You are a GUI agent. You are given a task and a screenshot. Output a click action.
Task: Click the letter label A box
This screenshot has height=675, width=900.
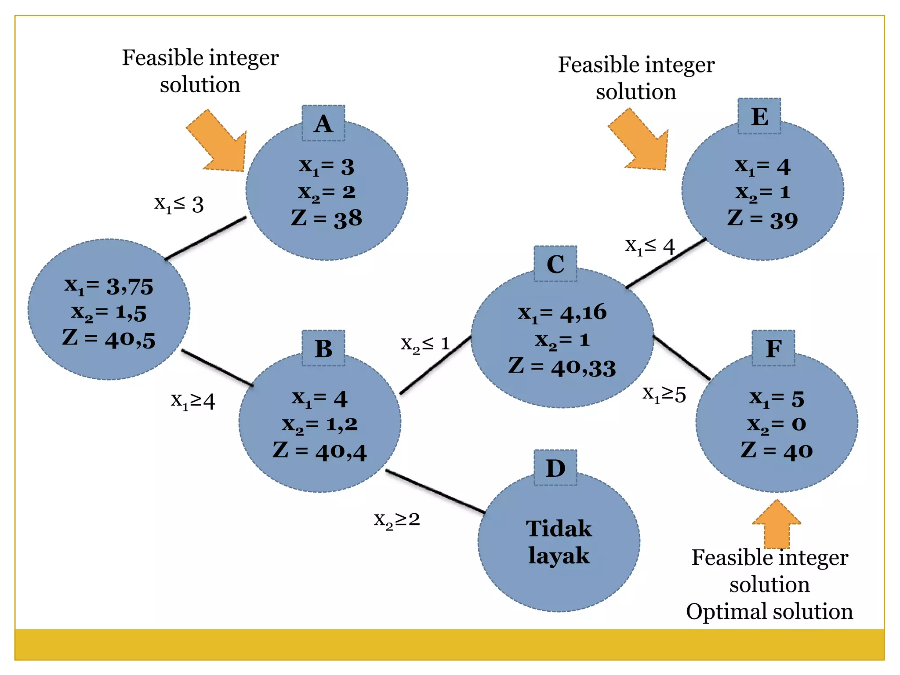click(323, 123)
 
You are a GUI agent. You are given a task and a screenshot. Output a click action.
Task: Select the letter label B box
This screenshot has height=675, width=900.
click(323, 348)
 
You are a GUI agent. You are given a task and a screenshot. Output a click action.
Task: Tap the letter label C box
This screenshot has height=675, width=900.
click(555, 264)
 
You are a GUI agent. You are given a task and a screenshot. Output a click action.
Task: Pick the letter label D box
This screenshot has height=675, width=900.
click(555, 468)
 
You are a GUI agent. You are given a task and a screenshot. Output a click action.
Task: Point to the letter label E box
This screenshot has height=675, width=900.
click(759, 116)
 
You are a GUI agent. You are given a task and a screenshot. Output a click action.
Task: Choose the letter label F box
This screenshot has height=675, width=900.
click(773, 348)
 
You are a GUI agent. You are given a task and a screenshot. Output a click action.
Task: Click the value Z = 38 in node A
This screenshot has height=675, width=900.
click(327, 218)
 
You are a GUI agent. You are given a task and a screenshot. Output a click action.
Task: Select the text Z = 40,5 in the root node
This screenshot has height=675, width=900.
click(109, 339)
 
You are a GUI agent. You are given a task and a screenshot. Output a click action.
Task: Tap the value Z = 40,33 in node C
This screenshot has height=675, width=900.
click(562, 367)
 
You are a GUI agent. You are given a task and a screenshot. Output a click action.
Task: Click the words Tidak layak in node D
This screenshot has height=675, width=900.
click(559, 542)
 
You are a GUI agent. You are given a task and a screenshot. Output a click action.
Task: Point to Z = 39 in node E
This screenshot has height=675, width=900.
click(762, 219)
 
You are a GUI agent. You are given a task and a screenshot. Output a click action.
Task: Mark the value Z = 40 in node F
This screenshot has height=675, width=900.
click(777, 450)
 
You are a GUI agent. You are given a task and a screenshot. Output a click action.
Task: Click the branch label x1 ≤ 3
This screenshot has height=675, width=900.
click(179, 204)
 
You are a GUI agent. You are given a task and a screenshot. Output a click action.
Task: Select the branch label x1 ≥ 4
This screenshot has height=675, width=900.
click(193, 401)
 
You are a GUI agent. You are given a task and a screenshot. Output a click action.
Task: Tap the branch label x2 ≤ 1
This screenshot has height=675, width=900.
click(425, 344)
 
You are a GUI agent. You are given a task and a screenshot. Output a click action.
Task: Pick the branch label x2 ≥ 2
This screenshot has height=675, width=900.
click(397, 520)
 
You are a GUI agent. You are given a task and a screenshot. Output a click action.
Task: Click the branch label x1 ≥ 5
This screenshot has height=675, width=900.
click(664, 394)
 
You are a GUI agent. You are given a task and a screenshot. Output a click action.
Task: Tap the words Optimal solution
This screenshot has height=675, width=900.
click(769, 611)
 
